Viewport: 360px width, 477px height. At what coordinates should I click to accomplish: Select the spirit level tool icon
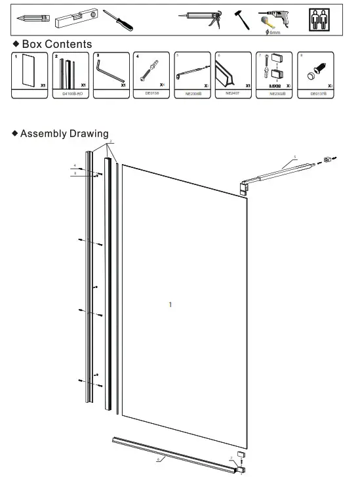coord(76,18)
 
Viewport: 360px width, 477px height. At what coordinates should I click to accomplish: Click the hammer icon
coord(241,18)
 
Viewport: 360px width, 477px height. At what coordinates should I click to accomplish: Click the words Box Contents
coord(57,44)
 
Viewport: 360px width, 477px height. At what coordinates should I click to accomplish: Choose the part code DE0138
coord(152,93)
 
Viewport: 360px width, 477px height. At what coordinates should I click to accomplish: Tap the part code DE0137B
coord(319,94)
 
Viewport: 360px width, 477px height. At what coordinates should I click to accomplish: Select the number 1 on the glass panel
coord(170,304)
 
